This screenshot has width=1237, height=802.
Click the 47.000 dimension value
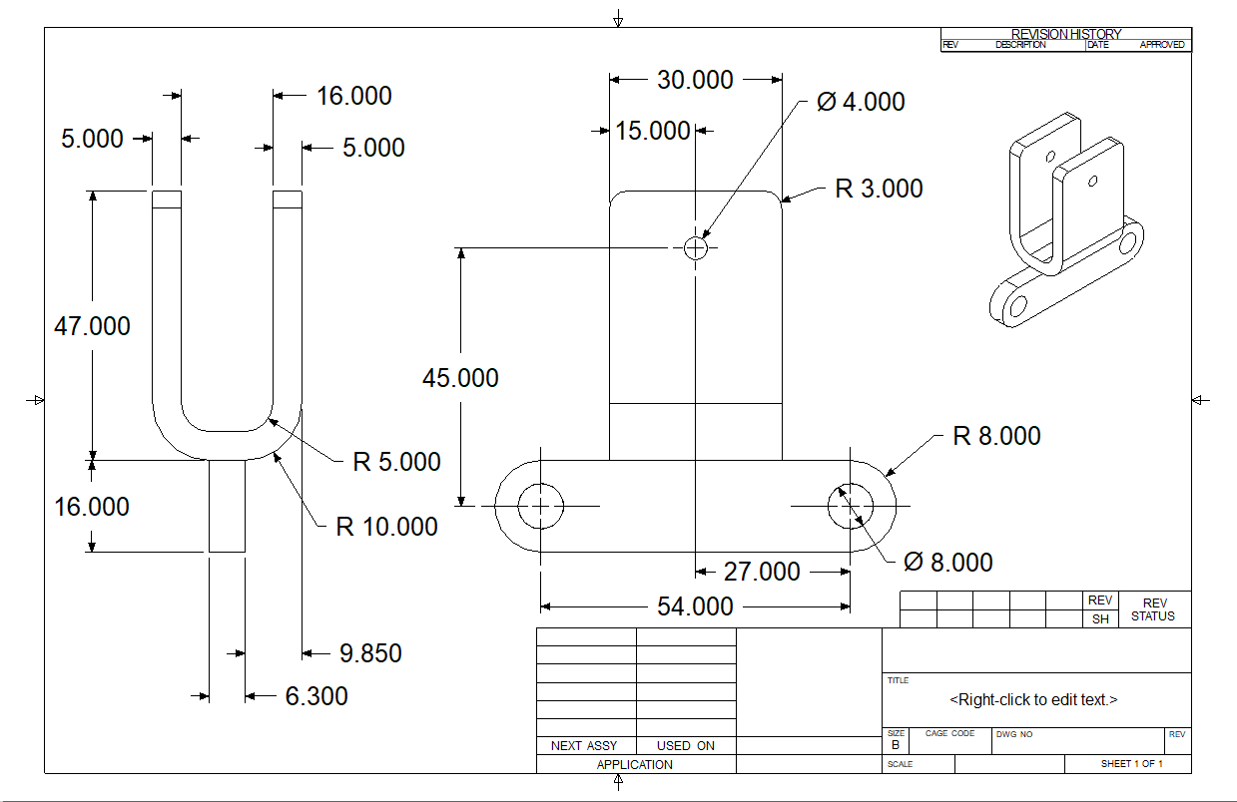92,326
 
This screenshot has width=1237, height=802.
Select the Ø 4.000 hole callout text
861,102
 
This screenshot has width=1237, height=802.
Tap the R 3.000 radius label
879,189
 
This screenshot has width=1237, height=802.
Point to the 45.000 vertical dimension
460,378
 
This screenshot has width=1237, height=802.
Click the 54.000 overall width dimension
695,606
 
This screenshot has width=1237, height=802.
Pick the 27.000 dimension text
762,572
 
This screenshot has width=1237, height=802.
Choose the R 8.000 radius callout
996,436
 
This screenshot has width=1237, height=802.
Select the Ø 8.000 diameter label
947,563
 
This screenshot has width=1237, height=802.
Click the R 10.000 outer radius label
386,527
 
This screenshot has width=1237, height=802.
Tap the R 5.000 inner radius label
396,462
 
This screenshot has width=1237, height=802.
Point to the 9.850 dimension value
370,653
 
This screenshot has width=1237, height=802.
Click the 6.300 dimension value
316,696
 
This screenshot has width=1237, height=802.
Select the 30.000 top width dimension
695,80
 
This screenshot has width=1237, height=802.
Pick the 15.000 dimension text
653,131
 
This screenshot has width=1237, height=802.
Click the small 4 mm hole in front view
695,247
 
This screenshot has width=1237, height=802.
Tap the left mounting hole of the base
541,506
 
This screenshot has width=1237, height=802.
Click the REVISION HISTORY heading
1066,34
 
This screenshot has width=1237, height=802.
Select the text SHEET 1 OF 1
1131,764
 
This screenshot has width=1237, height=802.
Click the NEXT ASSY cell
584,746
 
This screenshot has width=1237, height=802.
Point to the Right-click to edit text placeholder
1033,699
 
